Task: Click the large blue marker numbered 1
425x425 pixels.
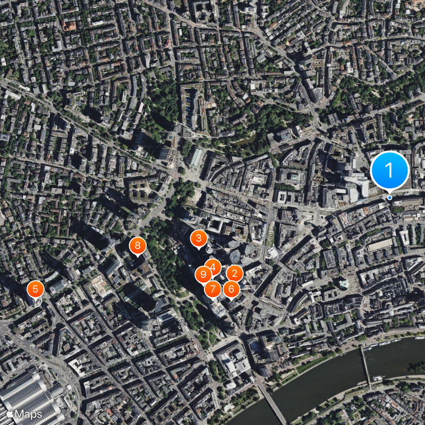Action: click(x=389, y=171)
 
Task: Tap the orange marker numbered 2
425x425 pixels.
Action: click(x=234, y=274)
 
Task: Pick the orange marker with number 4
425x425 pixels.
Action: click(x=212, y=267)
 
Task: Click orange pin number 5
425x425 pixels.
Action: click(x=36, y=290)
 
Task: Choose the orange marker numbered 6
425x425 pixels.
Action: click(x=231, y=289)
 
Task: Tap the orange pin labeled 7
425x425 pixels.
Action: click(x=213, y=290)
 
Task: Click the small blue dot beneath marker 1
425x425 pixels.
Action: click(x=389, y=198)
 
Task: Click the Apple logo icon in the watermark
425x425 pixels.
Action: click(x=10, y=413)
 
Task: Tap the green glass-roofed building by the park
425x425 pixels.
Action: click(x=197, y=158)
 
